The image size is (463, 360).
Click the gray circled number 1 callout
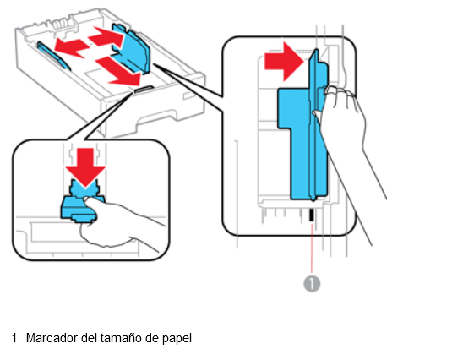click(x=312, y=284)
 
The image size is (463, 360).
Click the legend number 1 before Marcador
click(x=14, y=338)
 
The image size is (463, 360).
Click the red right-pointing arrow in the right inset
click(x=284, y=62)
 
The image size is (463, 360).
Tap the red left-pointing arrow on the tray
click(x=72, y=47)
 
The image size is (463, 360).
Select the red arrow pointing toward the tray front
click(x=119, y=71)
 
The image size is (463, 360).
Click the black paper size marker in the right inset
click(x=311, y=215)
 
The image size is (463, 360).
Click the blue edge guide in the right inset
click(x=303, y=127)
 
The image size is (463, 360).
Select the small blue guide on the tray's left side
click(x=53, y=56)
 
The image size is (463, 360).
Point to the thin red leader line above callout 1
click(x=312, y=248)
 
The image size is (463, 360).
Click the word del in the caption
click(x=88, y=338)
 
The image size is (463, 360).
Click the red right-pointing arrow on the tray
click(x=106, y=36)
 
